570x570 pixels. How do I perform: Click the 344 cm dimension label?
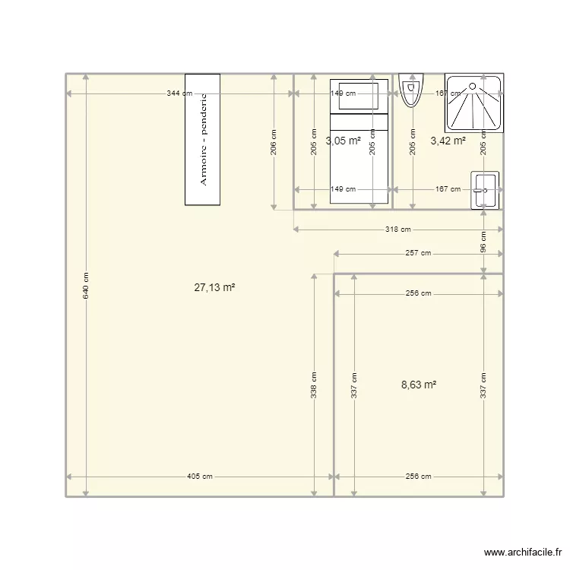click(181, 93)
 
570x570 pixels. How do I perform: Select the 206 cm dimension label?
click(274, 142)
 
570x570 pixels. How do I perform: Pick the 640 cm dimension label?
click(86, 285)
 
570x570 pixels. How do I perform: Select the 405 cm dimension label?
click(201, 477)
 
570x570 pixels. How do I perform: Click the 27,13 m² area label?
click(214, 287)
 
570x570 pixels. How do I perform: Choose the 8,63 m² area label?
click(419, 385)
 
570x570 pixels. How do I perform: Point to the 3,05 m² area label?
click(343, 141)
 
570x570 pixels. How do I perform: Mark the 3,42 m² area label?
click(448, 141)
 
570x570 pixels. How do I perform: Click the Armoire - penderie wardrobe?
click(202, 139)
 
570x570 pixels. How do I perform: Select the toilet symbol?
click(410, 90)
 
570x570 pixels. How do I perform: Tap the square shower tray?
click(473, 103)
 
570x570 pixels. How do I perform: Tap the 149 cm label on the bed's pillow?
click(343, 94)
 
